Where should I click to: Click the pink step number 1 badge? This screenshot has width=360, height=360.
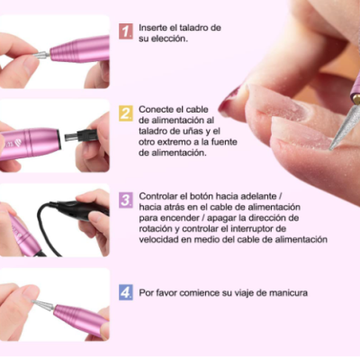(126, 31)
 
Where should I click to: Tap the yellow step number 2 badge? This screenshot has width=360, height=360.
(126, 113)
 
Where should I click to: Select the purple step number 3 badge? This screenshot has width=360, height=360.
(126, 200)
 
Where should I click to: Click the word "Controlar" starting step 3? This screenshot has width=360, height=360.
(163, 196)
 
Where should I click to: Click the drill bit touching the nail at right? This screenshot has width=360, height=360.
(342, 126)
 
